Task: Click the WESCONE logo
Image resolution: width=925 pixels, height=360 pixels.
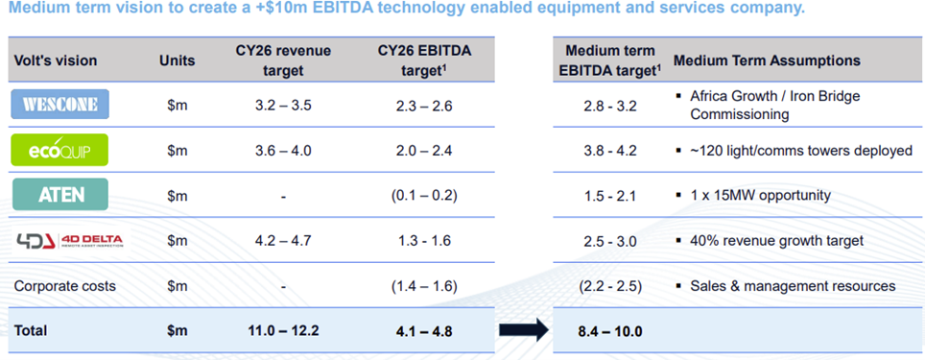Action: (60, 106)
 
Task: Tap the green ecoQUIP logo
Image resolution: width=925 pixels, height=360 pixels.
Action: (60, 150)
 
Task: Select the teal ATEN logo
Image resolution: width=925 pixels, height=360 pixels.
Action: (60, 195)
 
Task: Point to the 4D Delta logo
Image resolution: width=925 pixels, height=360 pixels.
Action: (68, 240)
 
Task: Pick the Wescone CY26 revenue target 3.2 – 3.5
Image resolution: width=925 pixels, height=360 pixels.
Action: (283, 107)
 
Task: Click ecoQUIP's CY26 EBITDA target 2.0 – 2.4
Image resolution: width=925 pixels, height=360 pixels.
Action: (424, 151)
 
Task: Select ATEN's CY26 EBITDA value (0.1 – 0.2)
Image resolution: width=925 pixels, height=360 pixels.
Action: (424, 196)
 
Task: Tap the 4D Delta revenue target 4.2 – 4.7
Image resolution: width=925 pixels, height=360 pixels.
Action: (283, 241)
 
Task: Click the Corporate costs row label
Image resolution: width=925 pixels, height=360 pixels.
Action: (65, 286)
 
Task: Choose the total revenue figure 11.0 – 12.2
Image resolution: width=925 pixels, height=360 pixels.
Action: (283, 330)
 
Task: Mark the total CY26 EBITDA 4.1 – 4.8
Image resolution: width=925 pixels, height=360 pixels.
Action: (424, 331)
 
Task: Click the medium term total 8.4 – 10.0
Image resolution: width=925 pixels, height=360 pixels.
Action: (610, 331)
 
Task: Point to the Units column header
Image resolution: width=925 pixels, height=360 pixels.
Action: (177, 60)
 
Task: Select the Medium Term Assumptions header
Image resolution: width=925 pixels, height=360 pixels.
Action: (767, 60)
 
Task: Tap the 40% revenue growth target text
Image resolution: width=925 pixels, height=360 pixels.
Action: (777, 241)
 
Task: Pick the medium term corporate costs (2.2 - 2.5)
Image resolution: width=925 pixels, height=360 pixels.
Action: (610, 286)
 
